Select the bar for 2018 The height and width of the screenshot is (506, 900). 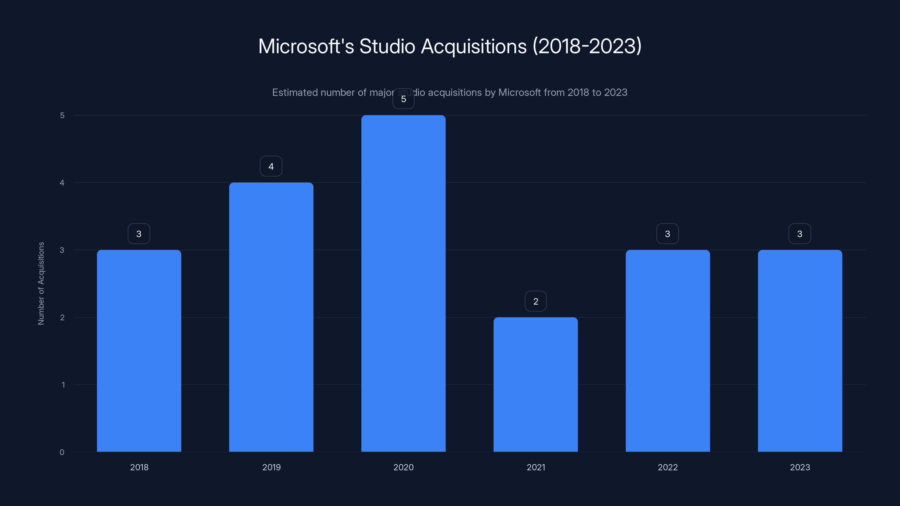pyautogui.click(x=139, y=351)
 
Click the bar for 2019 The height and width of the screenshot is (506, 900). pyautogui.click(x=271, y=317)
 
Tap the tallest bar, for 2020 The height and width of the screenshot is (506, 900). pyautogui.click(x=403, y=283)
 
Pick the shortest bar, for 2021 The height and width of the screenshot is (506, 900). pyautogui.click(x=535, y=384)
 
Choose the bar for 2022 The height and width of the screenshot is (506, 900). pyautogui.click(x=668, y=351)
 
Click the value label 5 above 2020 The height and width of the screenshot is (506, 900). pyautogui.click(x=404, y=99)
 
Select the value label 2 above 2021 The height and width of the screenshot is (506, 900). pyautogui.click(x=535, y=301)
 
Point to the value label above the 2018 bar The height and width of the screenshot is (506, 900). pyautogui.click(x=139, y=234)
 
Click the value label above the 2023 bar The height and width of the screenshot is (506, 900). pyautogui.click(x=800, y=234)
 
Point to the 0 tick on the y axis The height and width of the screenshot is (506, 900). pyautogui.click(x=62, y=452)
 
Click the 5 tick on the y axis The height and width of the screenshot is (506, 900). pyautogui.click(x=62, y=115)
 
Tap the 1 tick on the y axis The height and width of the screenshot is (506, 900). pyautogui.click(x=63, y=385)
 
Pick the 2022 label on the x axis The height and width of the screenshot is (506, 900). pyautogui.click(x=668, y=467)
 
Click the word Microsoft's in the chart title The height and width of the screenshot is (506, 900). pyautogui.click(x=306, y=46)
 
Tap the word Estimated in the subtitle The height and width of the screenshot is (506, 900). pyautogui.click(x=294, y=92)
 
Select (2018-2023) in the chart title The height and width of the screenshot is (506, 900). pyautogui.click(x=587, y=46)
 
